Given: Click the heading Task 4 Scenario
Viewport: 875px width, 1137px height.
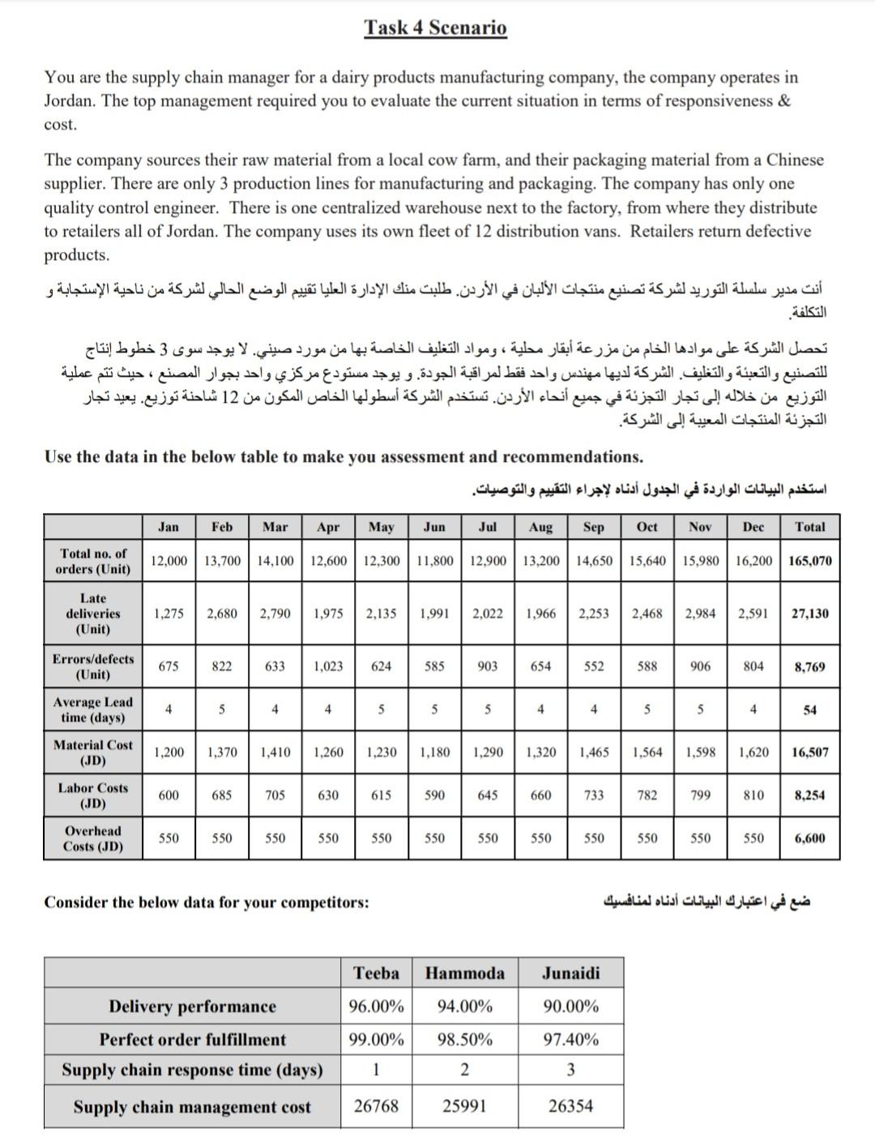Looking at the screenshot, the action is [x=435, y=28].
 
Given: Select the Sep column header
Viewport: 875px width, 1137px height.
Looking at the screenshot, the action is [x=593, y=527].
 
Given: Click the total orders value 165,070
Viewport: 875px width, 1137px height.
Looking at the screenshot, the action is [x=809, y=561].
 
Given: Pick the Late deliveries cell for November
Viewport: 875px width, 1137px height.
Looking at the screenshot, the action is [x=700, y=613].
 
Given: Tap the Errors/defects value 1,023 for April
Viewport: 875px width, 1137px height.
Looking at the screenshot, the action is [x=327, y=666].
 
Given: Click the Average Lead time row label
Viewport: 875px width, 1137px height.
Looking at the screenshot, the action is [x=92, y=710].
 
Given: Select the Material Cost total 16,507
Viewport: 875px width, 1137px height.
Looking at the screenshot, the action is [x=809, y=752].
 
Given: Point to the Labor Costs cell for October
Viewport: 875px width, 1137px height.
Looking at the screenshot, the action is [x=647, y=795].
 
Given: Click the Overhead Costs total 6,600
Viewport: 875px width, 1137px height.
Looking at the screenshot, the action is [x=809, y=839].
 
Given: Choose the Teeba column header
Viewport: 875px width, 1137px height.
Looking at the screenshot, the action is [x=376, y=973].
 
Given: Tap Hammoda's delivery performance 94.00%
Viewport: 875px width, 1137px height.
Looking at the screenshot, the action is [x=464, y=1007].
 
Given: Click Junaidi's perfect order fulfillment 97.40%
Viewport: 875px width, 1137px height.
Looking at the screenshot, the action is [x=570, y=1040].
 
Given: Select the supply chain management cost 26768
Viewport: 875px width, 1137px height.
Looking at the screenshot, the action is [x=376, y=1106].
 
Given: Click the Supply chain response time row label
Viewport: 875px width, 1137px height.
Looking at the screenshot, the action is [x=192, y=1071].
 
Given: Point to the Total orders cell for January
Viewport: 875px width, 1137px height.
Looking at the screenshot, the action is [x=169, y=561].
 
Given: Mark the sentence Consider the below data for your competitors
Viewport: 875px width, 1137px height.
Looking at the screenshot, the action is [x=206, y=902].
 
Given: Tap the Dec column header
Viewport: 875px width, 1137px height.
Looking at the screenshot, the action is [x=753, y=527].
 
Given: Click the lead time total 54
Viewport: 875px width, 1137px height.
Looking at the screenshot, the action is [x=809, y=710].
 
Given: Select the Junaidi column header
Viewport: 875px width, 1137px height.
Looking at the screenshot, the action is [x=570, y=973].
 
